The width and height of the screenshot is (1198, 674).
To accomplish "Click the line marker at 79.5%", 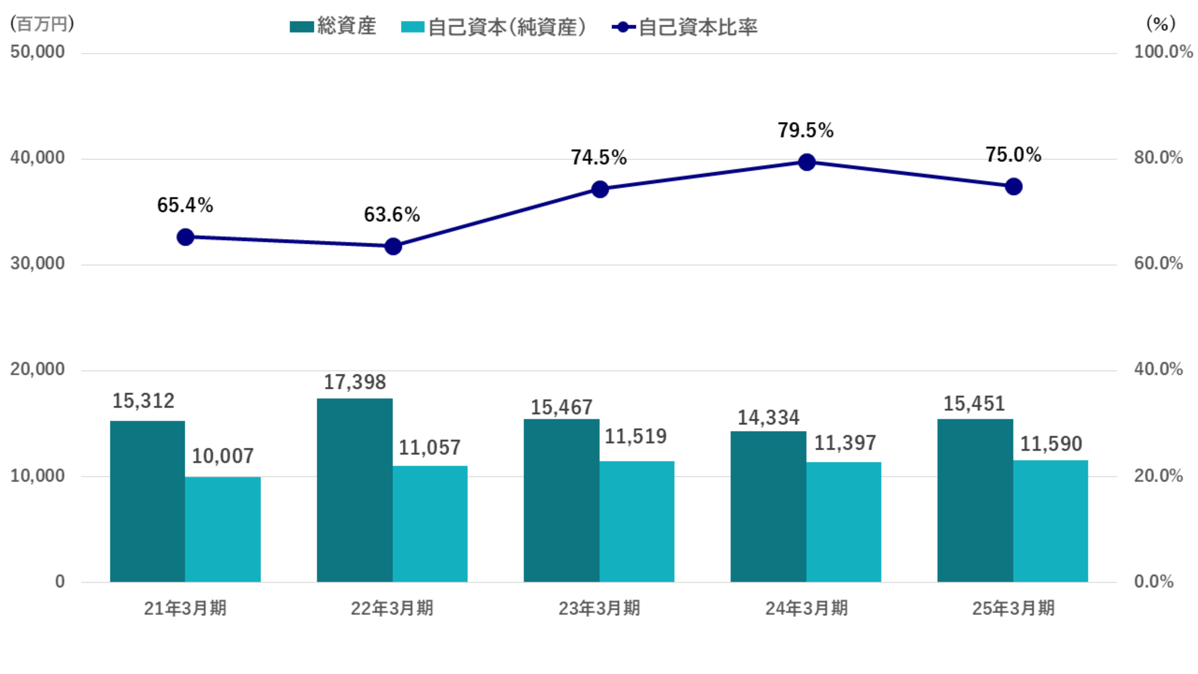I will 807,162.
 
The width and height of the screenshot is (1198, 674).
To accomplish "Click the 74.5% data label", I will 599,157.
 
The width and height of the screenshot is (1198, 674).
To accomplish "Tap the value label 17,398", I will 355,382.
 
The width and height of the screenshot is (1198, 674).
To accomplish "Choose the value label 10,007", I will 223,456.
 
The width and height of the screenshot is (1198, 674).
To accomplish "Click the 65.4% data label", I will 185,205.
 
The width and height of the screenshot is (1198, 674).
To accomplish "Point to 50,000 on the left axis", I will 38,52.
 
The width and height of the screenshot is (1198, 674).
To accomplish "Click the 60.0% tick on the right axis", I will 1158,263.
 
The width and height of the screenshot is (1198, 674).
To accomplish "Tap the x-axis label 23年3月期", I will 599,608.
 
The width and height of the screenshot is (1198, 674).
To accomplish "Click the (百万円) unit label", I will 42,23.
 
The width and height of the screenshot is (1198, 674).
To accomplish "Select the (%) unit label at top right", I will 1161,23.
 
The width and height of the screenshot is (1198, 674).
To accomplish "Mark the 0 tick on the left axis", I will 60,582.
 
